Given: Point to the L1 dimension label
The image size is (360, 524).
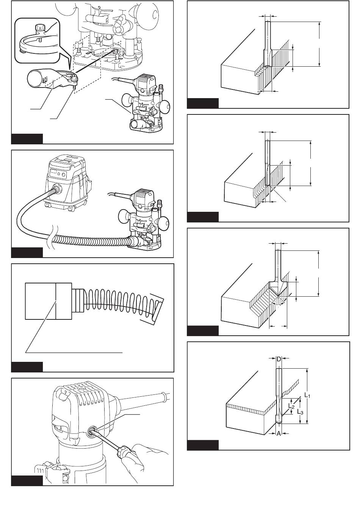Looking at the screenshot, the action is click(x=307, y=395).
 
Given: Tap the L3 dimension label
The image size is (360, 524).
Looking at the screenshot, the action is click(x=300, y=412).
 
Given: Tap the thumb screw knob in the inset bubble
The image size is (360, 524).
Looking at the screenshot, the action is click(x=39, y=28).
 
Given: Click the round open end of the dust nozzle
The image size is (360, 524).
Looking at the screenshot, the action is click(x=34, y=78).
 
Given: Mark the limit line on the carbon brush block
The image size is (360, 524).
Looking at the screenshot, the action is click(x=56, y=301).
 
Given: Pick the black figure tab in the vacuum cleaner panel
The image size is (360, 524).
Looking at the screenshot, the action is click(x=27, y=253).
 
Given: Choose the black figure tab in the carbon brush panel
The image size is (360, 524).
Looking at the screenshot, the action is click(x=27, y=367).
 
